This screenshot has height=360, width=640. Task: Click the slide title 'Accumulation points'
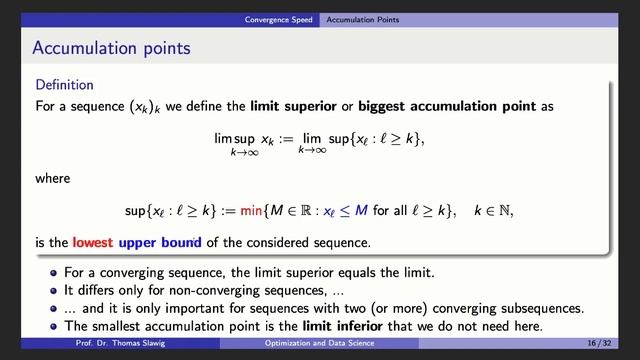pyautogui.click(x=111, y=48)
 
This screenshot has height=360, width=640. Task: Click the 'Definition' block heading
pyautogui.click(x=65, y=85)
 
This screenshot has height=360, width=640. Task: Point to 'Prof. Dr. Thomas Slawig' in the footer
pyautogui.click(x=120, y=343)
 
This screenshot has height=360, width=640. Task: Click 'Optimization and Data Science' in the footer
pyautogui.click(x=320, y=343)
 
